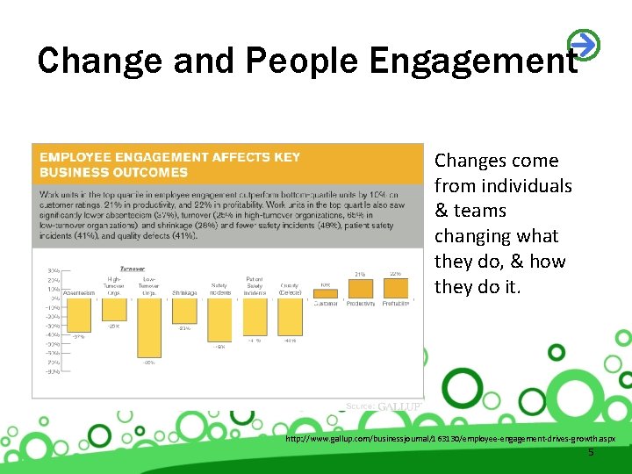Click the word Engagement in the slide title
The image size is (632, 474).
473,60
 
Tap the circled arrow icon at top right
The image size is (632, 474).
583,43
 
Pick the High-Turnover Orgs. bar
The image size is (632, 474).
114,310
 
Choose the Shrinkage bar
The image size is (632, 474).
184,312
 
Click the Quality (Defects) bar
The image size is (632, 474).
290,317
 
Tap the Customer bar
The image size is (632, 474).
325,294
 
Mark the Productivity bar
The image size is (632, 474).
360,289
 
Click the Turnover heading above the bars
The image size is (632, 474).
133,269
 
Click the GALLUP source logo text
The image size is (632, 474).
399,406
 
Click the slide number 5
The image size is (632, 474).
591,452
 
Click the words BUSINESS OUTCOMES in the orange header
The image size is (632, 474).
113,172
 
